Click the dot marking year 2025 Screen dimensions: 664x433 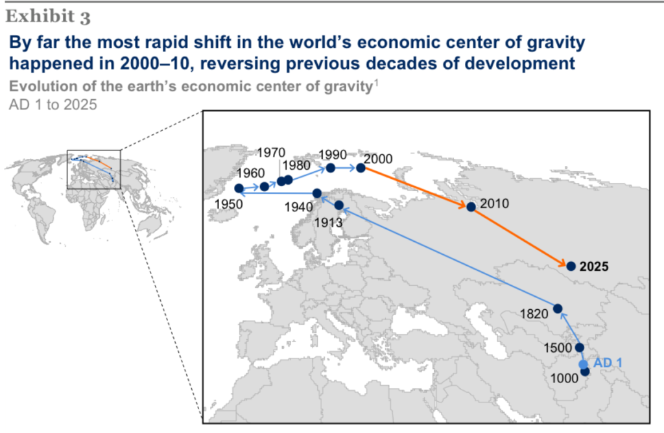click(x=571, y=266)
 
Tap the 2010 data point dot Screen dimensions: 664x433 click(x=471, y=207)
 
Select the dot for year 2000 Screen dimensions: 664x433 click(x=361, y=168)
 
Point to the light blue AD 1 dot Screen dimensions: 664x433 click(x=584, y=364)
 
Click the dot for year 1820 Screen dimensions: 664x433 click(x=558, y=309)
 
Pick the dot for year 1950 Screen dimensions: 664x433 click(x=239, y=188)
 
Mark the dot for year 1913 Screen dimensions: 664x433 click(x=338, y=205)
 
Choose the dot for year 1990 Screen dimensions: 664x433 click(x=331, y=168)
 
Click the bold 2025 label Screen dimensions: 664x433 click(x=594, y=266)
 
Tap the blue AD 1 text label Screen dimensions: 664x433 click(x=608, y=363)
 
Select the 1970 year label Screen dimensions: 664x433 click(x=271, y=152)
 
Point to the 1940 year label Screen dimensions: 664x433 click(x=298, y=207)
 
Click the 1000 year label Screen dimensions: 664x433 click(x=564, y=378)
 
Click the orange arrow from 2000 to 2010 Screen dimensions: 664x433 click(x=416, y=187)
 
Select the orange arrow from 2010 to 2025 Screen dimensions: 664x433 click(x=521, y=237)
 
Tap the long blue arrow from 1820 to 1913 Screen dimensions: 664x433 click(x=449, y=257)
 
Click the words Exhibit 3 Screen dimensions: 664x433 click(x=48, y=16)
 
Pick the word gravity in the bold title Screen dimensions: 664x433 click(x=556, y=43)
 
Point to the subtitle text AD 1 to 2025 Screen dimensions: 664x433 click(x=53, y=104)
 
